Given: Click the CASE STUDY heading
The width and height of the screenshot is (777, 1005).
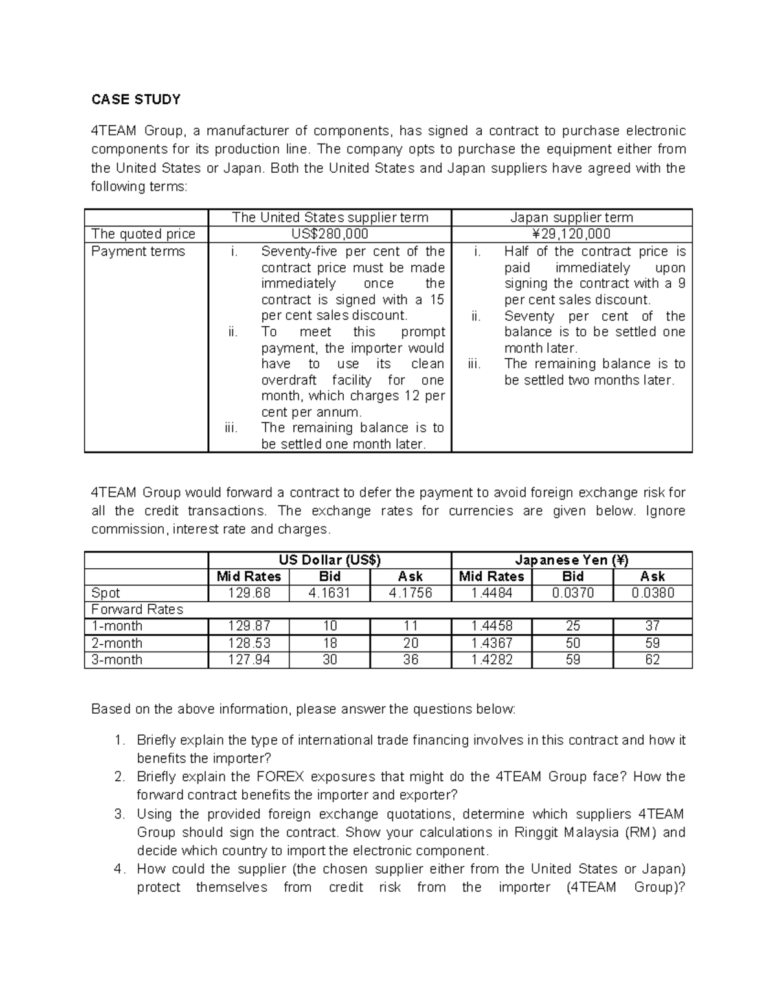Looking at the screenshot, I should tap(135, 99).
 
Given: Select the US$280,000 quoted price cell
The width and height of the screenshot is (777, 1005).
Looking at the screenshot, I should tap(330, 234).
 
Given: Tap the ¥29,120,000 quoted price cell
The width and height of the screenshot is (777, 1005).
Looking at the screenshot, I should tap(572, 234).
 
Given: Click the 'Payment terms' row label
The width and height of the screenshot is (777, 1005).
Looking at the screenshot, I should tap(138, 252).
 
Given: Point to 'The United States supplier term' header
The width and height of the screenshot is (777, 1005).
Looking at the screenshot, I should tap(330, 217).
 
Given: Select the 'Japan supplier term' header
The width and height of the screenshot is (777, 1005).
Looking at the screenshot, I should tap(572, 217).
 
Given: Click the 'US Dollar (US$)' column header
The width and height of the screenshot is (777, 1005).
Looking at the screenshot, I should tap(330, 560).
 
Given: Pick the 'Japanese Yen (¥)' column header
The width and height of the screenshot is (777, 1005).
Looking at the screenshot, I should tap(572, 560).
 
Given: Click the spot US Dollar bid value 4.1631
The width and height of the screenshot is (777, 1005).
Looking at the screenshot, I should tap(330, 593).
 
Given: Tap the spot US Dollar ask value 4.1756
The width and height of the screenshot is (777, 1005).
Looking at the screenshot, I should tap(411, 593).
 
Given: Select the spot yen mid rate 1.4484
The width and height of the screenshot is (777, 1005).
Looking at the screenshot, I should tap(491, 593).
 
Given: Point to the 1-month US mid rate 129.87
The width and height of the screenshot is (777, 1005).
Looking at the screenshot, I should tap(249, 626).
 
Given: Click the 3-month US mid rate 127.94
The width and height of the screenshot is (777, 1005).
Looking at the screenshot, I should tap(249, 660).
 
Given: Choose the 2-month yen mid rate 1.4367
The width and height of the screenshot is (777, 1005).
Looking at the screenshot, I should tap(491, 643).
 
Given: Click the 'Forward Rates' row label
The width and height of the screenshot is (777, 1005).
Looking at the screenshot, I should tap(137, 610).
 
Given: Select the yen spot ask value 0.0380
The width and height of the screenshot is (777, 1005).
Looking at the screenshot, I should tap(652, 593).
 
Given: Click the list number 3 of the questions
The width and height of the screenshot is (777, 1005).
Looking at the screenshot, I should tap(118, 814).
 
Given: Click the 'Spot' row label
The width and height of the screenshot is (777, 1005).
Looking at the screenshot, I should tap(106, 593).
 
